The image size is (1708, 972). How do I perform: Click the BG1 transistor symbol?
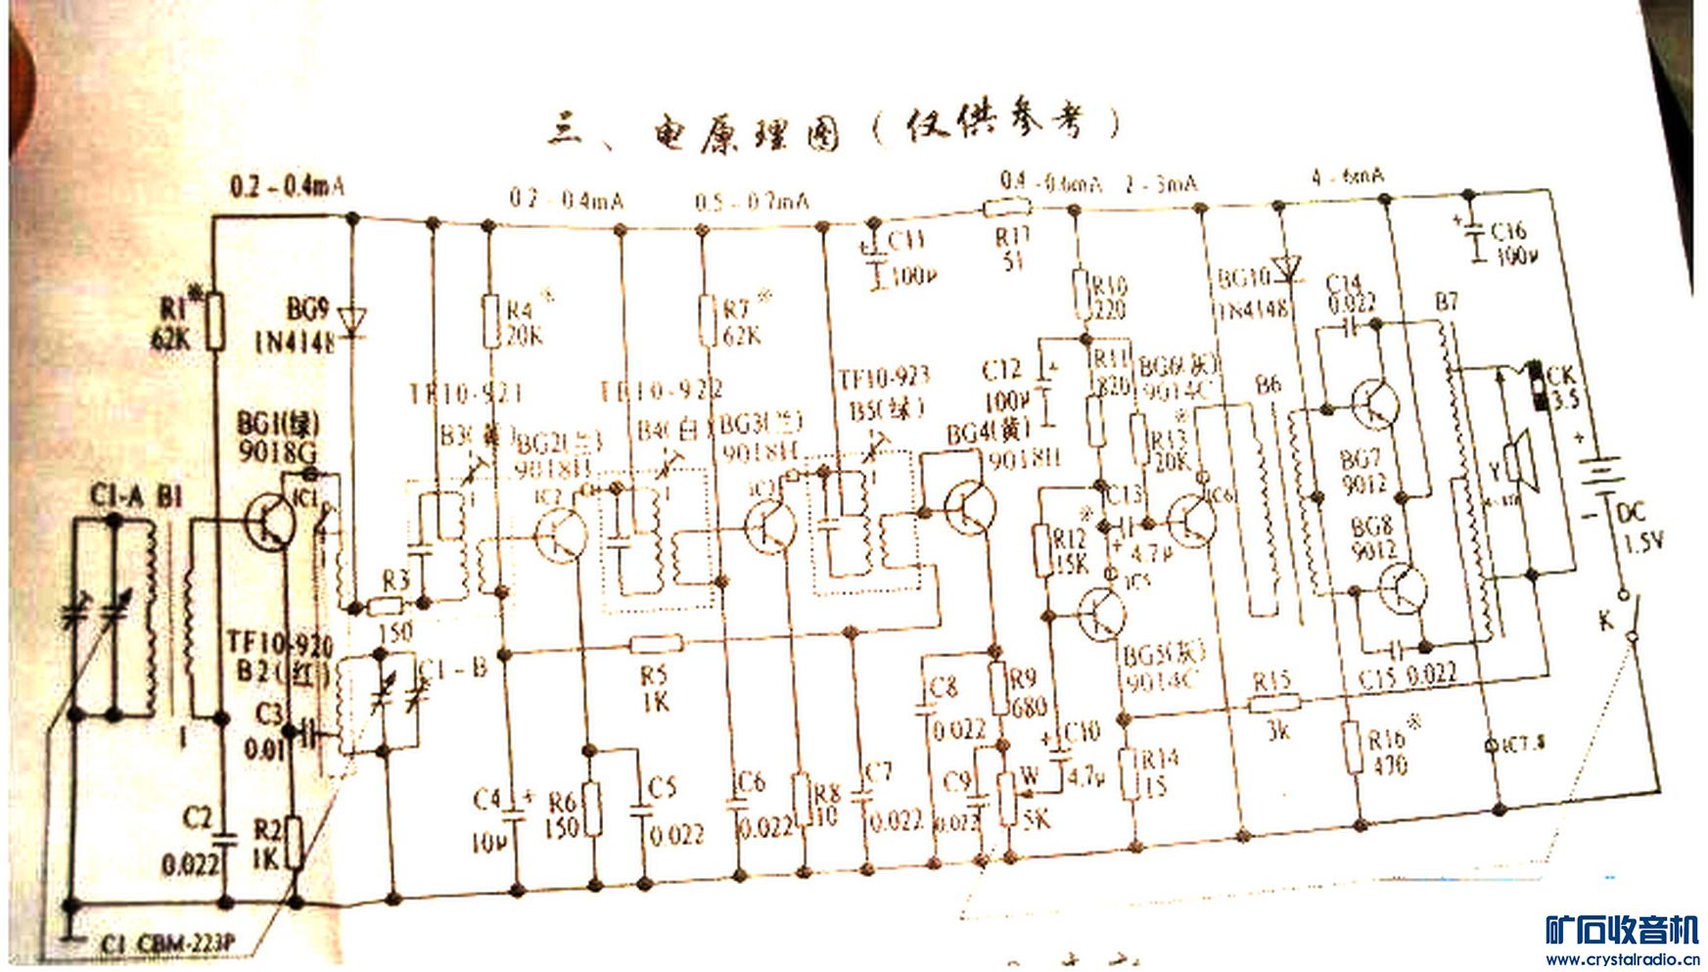pyautogui.click(x=271, y=520)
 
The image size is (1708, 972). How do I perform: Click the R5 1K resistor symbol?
pyautogui.click(x=656, y=643)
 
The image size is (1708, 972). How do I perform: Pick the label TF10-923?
pyautogui.click(x=883, y=378)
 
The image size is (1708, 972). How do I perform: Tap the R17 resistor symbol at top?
pyautogui.click(x=1007, y=207)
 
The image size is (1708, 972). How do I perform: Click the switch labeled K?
pyautogui.click(x=1625, y=617)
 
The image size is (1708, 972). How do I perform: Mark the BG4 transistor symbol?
pyautogui.click(x=969, y=507)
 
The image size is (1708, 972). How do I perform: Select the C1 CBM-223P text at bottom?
pyautogui.click(x=167, y=944)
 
